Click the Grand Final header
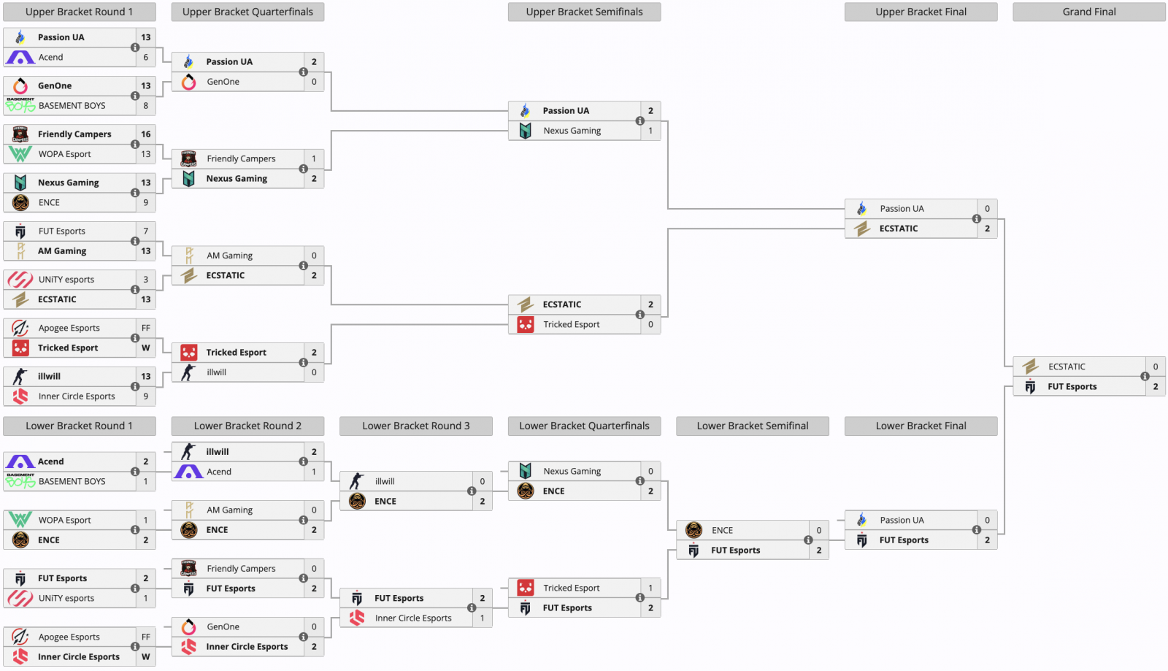coord(1088,12)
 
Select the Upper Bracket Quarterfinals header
coord(247,12)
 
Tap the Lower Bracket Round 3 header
coord(415,426)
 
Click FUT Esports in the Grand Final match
coord(1072,387)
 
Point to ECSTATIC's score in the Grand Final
coord(1155,367)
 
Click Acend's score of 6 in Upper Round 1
coord(146,57)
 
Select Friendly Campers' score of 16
coord(146,134)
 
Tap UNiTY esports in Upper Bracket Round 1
coord(66,280)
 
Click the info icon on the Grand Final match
coord(1145,377)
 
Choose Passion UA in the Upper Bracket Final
coord(902,209)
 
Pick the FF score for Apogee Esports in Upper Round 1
coord(146,328)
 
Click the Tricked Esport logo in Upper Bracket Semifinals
coord(526,324)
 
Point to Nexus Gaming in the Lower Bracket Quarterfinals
coord(572,472)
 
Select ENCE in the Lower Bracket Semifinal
coord(722,531)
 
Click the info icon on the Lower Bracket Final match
coord(977,530)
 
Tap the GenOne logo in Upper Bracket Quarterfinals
coord(189,82)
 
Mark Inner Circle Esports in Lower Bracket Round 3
coord(413,618)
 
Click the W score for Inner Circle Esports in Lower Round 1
coord(146,657)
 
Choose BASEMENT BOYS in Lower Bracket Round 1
coord(72,482)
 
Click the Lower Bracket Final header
coord(921,426)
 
